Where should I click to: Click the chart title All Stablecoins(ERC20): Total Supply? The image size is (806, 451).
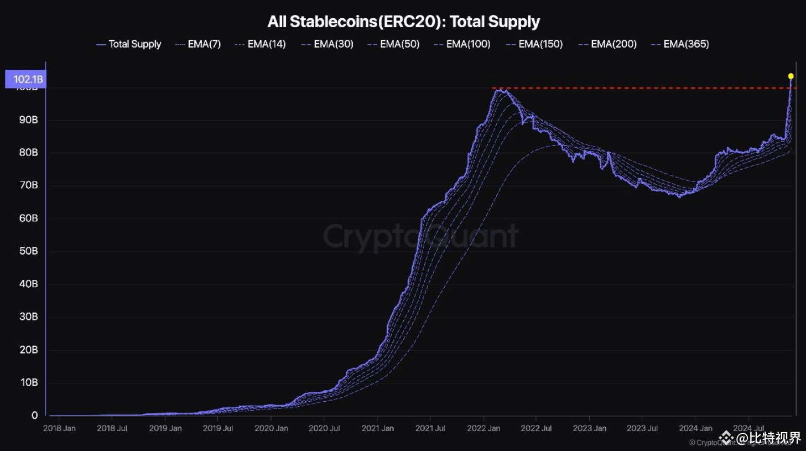403,22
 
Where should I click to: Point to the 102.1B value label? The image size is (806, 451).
25,79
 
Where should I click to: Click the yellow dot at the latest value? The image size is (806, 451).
791,76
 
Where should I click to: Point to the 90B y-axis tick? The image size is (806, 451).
29,120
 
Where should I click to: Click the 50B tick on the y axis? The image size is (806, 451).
29,251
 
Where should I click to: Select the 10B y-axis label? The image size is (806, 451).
29,382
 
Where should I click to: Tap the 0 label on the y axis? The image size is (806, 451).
35,416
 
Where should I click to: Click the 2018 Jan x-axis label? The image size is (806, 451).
59,428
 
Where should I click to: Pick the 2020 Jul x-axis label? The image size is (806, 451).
324,428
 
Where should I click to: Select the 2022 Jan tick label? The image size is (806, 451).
483,428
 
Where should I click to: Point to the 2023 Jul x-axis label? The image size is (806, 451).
642,428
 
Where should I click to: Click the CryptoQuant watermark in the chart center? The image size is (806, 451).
420,236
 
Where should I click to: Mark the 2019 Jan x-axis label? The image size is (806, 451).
165,428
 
